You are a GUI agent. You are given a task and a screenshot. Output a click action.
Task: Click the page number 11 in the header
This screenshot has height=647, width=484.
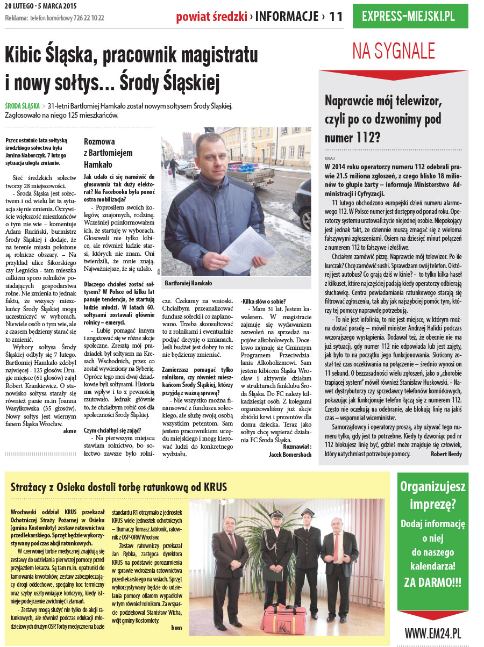pyautogui.click(x=336, y=16)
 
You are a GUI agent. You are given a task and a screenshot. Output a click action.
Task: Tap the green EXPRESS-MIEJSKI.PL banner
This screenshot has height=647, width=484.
pyautogui.click(x=408, y=16)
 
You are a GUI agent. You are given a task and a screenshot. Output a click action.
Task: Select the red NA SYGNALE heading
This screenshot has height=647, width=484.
pyautogui.click(x=394, y=51)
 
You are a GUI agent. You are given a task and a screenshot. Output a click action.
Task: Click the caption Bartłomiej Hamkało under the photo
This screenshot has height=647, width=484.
pyautogui.click(x=188, y=283)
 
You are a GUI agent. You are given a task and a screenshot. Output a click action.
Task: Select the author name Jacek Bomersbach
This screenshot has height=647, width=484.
pyautogui.click(x=290, y=454)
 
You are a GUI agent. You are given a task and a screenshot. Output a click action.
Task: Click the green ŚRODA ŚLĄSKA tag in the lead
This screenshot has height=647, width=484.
pyautogui.click(x=22, y=106)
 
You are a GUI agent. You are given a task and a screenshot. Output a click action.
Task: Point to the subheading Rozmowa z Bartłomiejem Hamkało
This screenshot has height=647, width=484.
pyautogui.click(x=108, y=153)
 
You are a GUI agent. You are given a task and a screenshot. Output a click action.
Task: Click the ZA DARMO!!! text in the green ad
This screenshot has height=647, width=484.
pyautogui.click(x=432, y=582)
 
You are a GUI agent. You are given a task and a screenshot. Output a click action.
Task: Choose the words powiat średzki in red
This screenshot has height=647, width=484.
pyautogui.click(x=211, y=16)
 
